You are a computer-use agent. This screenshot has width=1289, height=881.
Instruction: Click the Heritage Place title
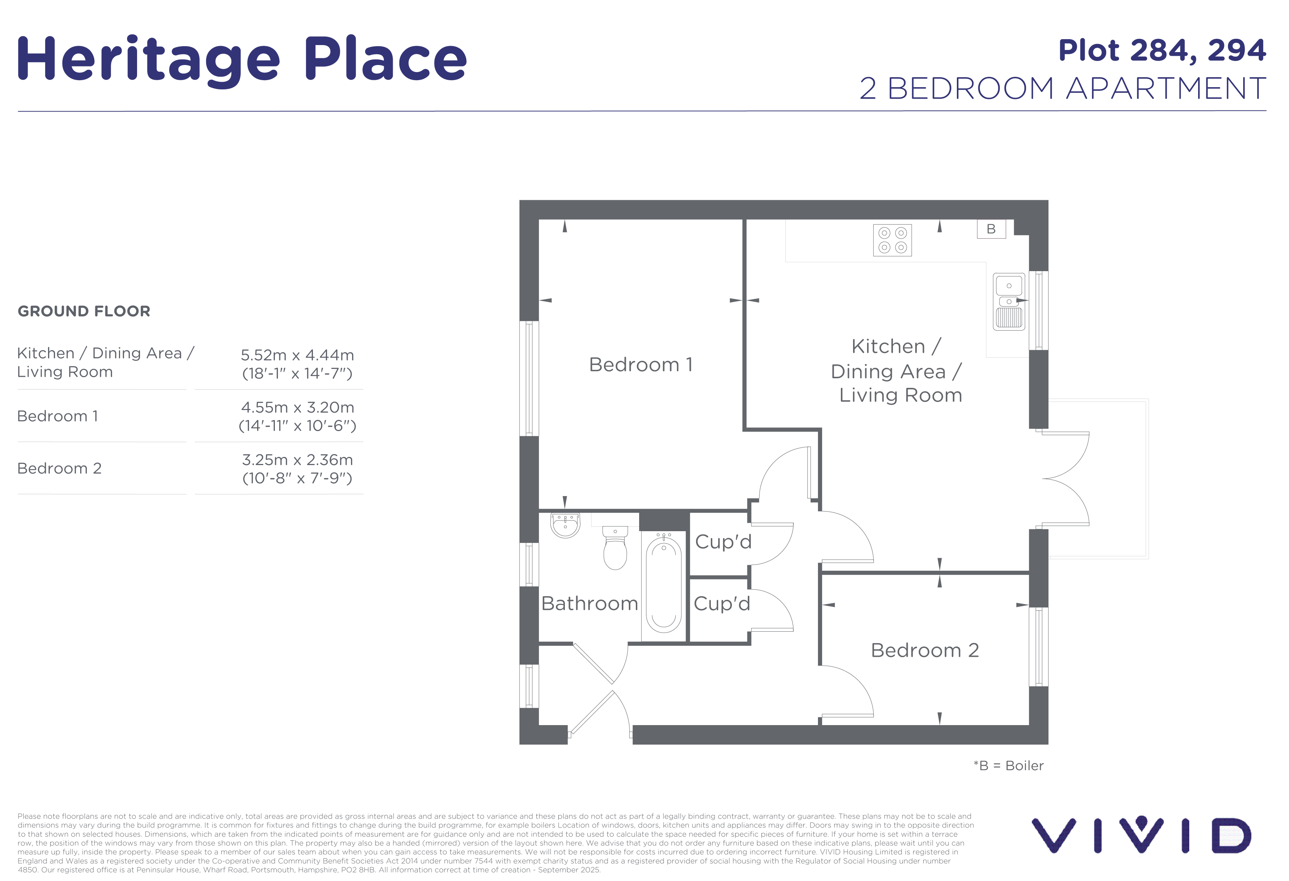pos(242,60)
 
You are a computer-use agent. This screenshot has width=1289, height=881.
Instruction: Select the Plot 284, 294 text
pos(1162,51)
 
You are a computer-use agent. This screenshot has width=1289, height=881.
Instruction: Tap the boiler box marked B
pos(991,229)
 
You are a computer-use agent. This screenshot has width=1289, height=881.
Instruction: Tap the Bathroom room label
pos(590,603)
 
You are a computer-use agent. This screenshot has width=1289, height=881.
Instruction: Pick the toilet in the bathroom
pos(615,548)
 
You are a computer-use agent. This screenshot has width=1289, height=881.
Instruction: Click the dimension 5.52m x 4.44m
pos(297,355)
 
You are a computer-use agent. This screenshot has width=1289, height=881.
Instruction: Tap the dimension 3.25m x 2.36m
pos(297,460)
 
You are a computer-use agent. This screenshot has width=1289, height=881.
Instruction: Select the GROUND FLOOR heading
pos(84,311)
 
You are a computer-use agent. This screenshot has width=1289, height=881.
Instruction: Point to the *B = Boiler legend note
pos(1008,766)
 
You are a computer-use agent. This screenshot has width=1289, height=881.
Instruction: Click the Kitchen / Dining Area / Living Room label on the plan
pos(896,371)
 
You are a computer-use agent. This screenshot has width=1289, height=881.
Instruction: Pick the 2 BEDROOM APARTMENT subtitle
pos(1063,89)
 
